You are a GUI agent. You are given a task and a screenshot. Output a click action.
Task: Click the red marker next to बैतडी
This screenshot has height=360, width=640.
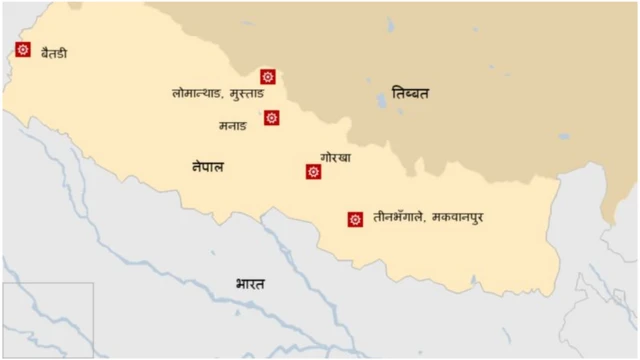click(23, 49)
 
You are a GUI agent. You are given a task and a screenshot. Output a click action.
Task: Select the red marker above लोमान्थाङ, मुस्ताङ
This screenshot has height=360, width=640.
click(267, 76)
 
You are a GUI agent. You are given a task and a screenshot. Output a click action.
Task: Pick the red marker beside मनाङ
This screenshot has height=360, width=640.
click(271, 118)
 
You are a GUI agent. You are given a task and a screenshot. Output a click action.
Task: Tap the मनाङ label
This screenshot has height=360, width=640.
click(232, 126)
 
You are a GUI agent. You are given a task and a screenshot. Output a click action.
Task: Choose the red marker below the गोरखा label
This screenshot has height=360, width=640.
click(313, 172)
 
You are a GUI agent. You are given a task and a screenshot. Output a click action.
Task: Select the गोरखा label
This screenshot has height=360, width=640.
click(335, 157)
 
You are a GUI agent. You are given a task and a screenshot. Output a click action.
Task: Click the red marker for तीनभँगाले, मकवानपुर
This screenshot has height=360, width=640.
click(354, 219)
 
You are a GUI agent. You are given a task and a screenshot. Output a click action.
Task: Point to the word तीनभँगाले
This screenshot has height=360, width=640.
click(398, 217)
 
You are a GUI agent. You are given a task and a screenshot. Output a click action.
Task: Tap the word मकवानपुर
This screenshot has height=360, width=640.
click(465, 217)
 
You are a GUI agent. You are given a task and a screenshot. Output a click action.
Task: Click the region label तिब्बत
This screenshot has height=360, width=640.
click(410, 93)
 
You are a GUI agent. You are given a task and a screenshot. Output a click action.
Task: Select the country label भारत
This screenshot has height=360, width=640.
click(250, 285)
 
